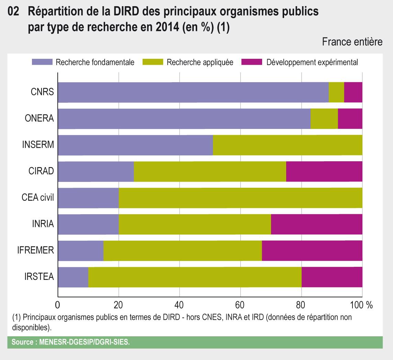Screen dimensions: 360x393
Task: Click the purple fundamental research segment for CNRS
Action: (x=193, y=92)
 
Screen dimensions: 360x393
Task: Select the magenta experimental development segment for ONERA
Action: (x=350, y=119)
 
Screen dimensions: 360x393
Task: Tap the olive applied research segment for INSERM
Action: (x=288, y=145)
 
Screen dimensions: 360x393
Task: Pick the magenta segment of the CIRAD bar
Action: (x=324, y=172)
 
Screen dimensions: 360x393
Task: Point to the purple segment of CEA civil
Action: (x=88, y=198)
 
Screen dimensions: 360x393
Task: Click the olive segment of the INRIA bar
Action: (x=195, y=224)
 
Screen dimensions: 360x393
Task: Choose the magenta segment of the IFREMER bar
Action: (x=312, y=251)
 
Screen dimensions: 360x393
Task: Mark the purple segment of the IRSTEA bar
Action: (x=73, y=277)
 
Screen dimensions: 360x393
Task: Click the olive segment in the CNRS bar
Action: (x=336, y=92)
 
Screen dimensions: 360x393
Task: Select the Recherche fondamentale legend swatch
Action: (x=42, y=62)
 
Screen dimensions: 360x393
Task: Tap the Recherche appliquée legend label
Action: (x=200, y=62)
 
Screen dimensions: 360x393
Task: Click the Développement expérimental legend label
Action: (x=312, y=62)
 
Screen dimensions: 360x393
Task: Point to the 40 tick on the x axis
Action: (x=179, y=305)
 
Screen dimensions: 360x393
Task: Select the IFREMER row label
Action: (x=36, y=251)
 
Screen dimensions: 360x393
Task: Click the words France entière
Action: (x=352, y=42)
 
